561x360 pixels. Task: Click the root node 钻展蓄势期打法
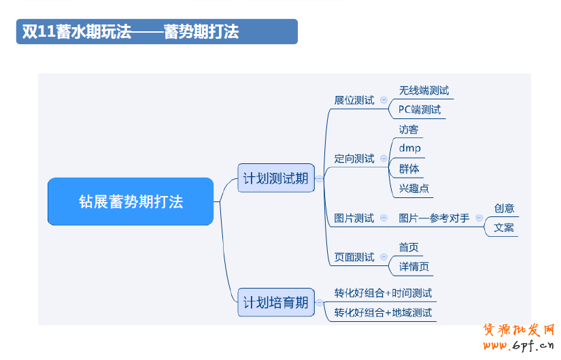click(131, 201)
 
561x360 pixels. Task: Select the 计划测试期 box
click(275, 178)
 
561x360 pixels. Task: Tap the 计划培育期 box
click(275, 302)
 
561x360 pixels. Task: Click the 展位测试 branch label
click(354, 100)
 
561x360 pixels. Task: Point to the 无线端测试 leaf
click(424, 91)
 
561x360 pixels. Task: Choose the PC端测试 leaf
click(420, 110)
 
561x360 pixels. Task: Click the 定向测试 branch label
click(354, 159)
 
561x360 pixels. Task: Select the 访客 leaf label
click(409, 129)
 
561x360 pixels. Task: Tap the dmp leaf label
click(409, 148)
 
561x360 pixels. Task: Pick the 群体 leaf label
click(409, 168)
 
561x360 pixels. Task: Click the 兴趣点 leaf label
click(414, 188)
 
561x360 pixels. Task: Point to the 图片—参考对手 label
click(433, 218)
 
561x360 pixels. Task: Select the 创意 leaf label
click(504, 208)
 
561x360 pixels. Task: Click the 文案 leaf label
click(504, 227)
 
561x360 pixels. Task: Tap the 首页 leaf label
click(409, 247)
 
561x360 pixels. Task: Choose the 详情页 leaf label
click(414, 267)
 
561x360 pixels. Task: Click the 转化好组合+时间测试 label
click(383, 293)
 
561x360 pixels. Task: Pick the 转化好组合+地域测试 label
click(383, 313)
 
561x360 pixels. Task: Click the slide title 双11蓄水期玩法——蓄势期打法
click(131, 32)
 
